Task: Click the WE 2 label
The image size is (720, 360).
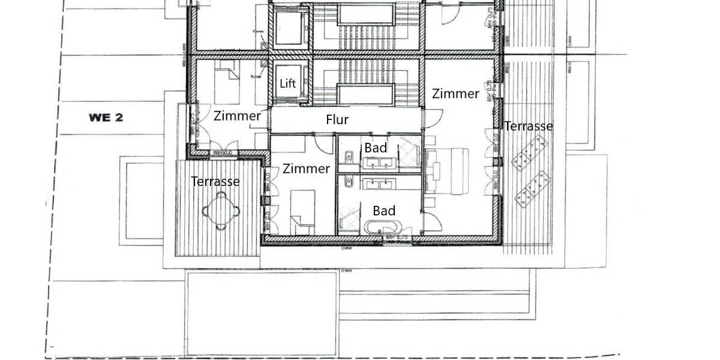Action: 106,118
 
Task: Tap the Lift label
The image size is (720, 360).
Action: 288,83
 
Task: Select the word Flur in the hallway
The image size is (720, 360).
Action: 337,120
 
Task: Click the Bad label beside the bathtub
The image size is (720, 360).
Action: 384,211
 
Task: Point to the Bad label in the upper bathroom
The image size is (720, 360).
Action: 376,148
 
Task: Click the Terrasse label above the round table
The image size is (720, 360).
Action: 215,181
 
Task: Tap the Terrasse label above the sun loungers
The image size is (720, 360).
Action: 528,126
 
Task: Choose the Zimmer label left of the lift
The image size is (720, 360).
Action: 237,116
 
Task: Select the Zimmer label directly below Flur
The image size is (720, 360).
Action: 306,169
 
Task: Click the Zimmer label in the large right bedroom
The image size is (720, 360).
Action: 455,94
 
